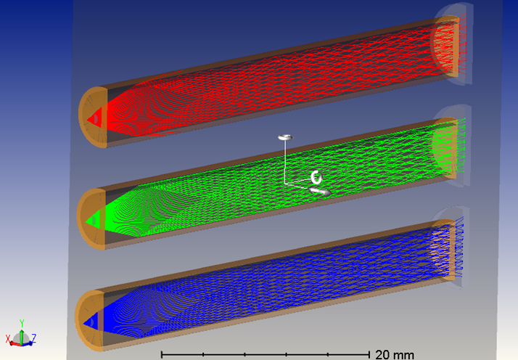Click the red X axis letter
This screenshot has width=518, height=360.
click(x=8, y=339)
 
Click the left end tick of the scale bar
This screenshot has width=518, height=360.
click(x=161, y=354)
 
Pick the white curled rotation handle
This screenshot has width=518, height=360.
click(x=316, y=176)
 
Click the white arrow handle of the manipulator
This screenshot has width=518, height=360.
click(x=319, y=192)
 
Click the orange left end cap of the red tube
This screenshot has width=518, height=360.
click(x=86, y=117)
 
